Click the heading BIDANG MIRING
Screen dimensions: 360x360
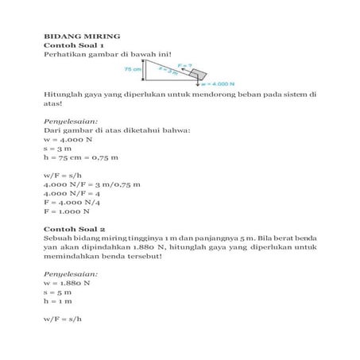[x=80, y=36]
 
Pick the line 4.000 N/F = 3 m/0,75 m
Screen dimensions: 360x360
[x=91, y=184]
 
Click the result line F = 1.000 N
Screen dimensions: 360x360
[x=67, y=211]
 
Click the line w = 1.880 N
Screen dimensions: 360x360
[x=67, y=283]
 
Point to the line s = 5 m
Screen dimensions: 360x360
[x=59, y=292]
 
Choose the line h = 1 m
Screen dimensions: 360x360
[x=59, y=302]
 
